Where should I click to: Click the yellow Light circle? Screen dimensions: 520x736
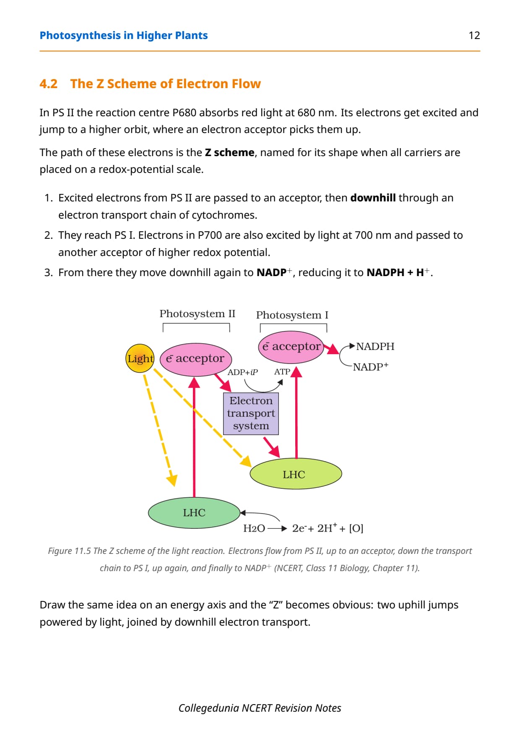coord(140,358)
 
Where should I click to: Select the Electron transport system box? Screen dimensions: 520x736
coord(251,413)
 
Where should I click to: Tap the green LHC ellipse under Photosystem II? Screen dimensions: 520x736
coord(194,513)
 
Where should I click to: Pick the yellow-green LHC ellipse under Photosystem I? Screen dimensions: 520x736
coord(296,474)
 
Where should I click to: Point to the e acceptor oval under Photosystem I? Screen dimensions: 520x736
coord(291,347)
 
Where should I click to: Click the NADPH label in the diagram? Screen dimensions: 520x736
coord(375,347)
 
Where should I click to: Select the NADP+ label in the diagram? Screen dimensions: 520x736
coord(370,367)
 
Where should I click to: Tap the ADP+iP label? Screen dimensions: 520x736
coord(242,372)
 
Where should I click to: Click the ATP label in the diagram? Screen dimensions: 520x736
coord(282,372)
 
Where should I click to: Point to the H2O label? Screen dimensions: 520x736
coord(254,528)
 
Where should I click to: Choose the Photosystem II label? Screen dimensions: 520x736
coord(197,314)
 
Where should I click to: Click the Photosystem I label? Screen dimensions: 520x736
coord(292,315)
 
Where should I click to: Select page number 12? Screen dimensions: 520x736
coord(474,36)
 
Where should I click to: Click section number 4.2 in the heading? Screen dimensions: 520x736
coord(49,84)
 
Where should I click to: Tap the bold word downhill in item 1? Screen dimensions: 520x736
coord(373,198)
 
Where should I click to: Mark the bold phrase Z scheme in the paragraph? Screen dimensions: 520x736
coord(230,152)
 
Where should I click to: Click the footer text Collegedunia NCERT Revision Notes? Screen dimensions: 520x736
coord(260,708)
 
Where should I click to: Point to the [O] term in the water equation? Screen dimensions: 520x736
coord(356,528)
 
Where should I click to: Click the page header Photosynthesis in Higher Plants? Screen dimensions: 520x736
coord(124,36)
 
